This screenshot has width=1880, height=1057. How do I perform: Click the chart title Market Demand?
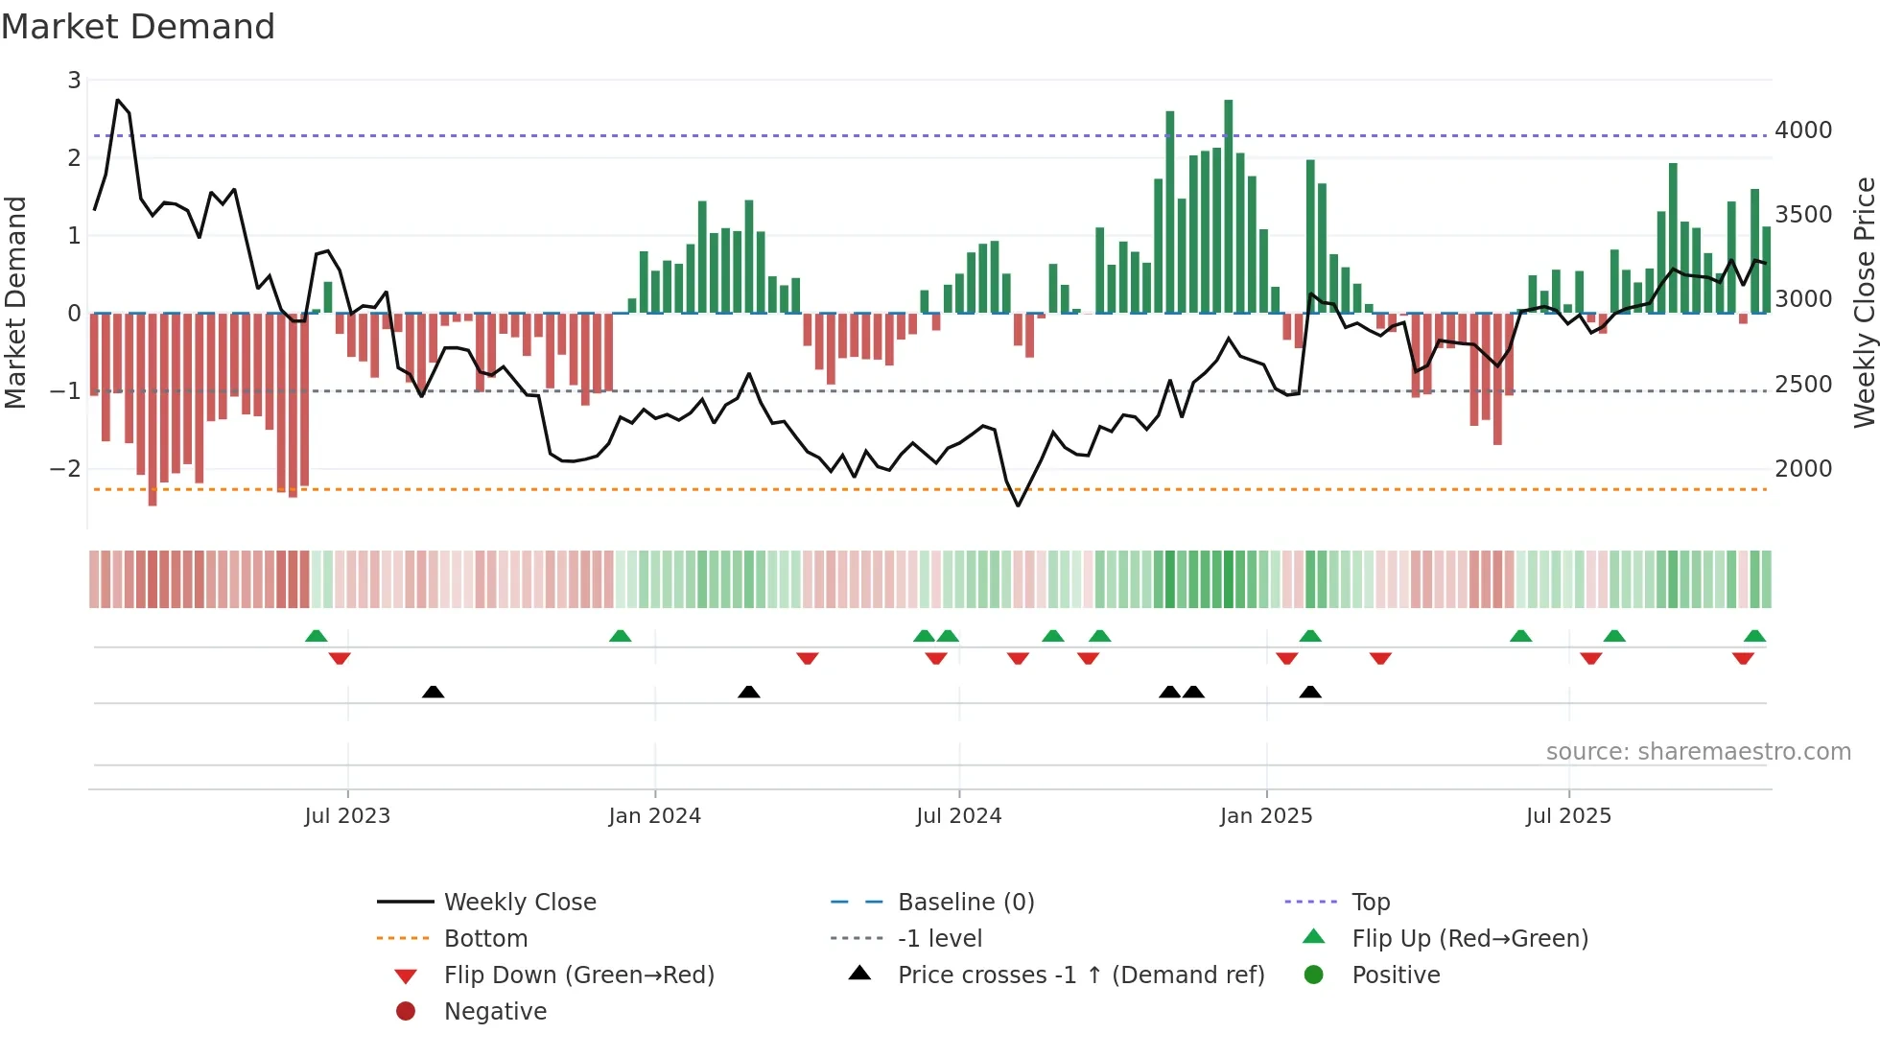(138, 27)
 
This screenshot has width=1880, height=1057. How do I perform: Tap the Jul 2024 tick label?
(958, 816)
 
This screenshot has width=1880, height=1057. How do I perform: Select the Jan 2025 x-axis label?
(1265, 816)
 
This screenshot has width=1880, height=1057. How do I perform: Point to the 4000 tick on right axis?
(1803, 130)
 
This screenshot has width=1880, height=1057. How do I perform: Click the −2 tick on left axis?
(65, 469)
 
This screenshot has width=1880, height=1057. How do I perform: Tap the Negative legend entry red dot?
(406, 1012)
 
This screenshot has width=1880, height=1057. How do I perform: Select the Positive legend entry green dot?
(1314, 975)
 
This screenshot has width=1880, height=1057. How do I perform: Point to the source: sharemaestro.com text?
(1698, 752)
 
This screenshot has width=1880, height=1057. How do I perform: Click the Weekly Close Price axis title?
(1864, 302)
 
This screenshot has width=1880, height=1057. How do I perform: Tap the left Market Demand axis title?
(15, 302)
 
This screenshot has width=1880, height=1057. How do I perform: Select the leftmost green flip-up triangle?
(316, 636)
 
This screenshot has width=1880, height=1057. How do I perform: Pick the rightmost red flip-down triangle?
(1743, 658)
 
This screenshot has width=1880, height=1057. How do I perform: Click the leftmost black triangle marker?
(433, 692)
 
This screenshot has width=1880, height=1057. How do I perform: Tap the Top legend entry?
(1370, 903)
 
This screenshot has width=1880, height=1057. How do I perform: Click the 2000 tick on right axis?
(1803, 469)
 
